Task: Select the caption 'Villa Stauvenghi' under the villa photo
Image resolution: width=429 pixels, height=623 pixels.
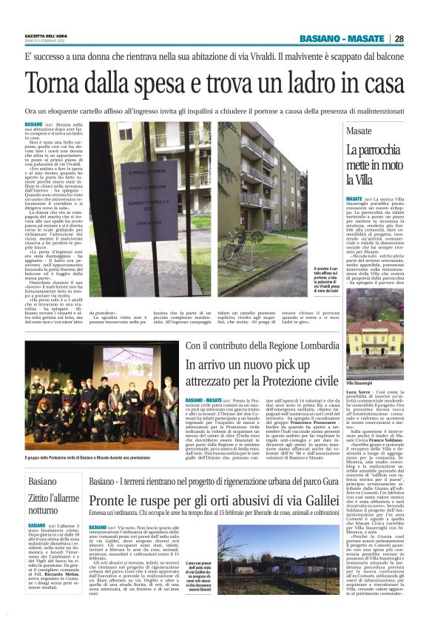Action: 362,383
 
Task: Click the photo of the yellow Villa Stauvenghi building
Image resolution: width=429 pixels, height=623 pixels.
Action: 374,346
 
